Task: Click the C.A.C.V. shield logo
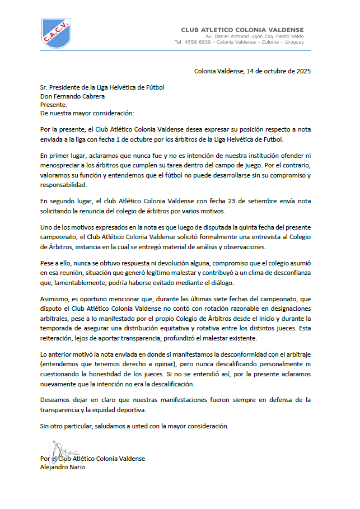tap(56, 33)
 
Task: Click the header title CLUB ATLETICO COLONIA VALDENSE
tap(242, 30)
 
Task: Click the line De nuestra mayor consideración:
tap(87, 113)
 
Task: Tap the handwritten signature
tap(62, 450)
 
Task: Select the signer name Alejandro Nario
tap(63, 467)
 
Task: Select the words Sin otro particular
tap(67, 426)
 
